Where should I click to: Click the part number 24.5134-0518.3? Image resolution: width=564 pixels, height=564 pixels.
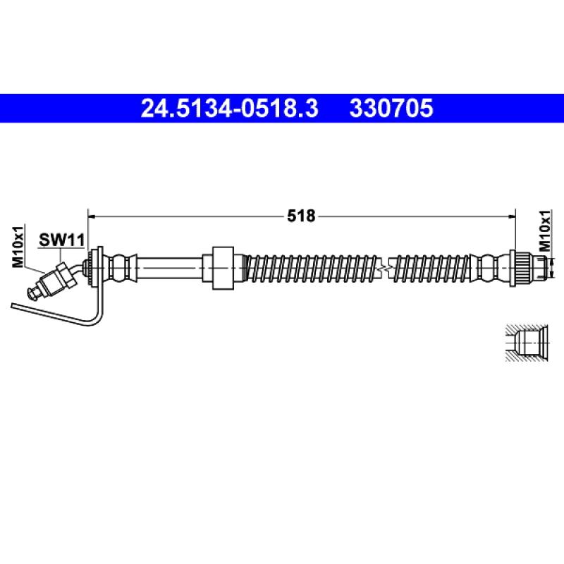pyautogui.click(x=229, y=108)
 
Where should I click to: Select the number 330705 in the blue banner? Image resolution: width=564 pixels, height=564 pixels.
pyautogui.click(x=391, y=108)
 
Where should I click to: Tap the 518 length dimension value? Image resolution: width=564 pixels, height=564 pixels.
pyautogui.click(x=301, y=216)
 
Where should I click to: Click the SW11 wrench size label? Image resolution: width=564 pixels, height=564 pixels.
pyautogui.click(x=61, y=240)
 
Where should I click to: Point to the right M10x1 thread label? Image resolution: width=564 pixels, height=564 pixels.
pyautogui.click(x=544, y=231)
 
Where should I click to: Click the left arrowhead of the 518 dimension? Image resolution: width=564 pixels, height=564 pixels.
pyautogui.click(x=92, y=216)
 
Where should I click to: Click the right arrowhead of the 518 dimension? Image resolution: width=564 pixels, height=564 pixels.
pyautogui.click(x=512, y=216)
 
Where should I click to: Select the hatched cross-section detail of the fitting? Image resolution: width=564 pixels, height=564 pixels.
pyautogui.click(x=527, y=343)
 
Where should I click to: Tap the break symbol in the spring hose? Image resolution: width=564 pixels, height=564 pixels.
pyautogui.click(x=386, y=269)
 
